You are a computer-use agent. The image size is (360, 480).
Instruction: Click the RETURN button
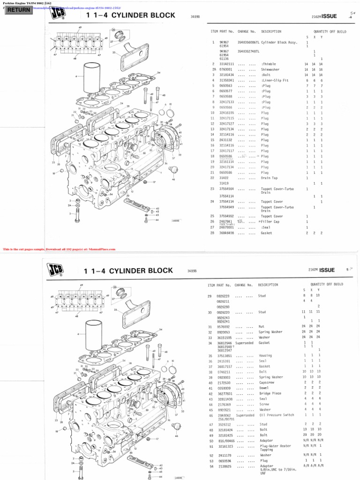18,9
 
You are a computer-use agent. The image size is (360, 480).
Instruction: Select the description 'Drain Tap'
270,178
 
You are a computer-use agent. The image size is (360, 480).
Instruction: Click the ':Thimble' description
269,63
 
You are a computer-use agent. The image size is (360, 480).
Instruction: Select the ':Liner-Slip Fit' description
275,80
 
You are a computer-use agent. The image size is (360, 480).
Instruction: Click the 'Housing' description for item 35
265,355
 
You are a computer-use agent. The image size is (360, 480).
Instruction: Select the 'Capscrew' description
267,382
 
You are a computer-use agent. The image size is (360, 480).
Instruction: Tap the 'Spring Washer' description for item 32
270,331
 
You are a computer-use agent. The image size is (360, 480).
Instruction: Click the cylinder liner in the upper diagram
96,78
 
